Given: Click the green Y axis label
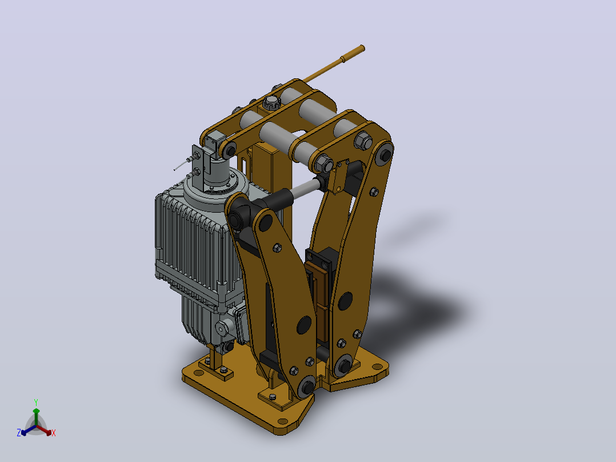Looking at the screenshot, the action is click(36, 403).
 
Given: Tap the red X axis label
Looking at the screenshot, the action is click(54, 433).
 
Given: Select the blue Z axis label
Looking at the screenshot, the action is click(19, 433).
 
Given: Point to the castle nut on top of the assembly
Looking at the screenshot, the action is click(271, 103).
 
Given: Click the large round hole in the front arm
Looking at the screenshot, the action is click(304, 325).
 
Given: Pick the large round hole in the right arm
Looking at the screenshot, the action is click(345, 301).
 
